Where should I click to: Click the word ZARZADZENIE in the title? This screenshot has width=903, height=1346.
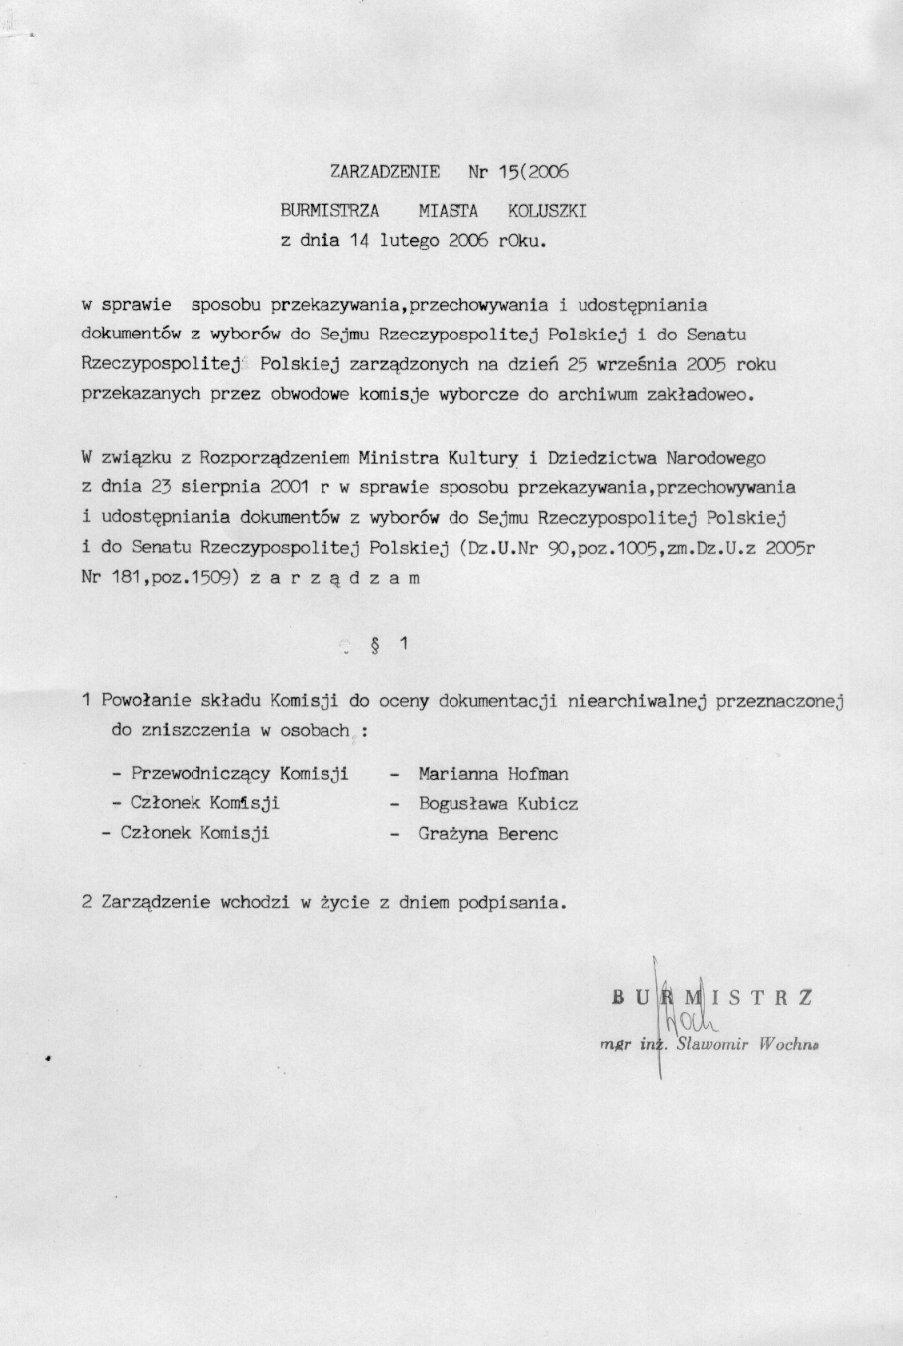click(385, 171)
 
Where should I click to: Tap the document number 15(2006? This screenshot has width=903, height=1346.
click(533, 171)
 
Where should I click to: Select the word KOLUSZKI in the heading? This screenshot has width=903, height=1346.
click(548, 211)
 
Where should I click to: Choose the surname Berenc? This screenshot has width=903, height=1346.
click(528, 834)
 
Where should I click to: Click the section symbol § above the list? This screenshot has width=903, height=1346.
click(378, 644)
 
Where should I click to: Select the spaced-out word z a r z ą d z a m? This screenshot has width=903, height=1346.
click(335, 577)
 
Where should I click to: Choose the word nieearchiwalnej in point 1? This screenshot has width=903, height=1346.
click(635, 701)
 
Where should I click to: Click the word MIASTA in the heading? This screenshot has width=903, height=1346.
click(448, 211)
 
